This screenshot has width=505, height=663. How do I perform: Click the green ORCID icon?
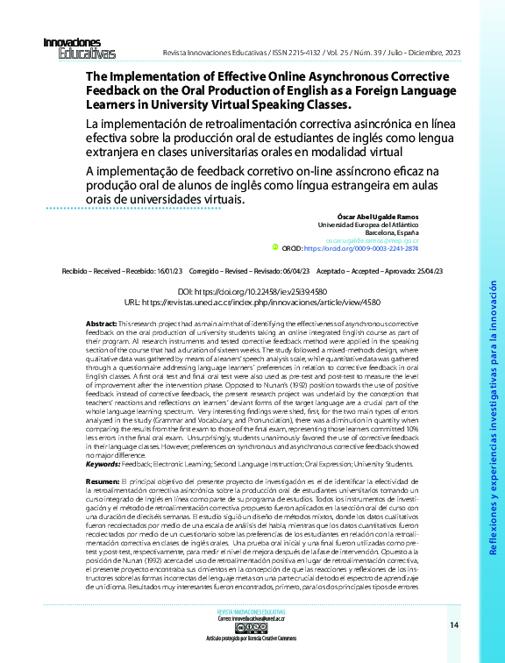click(274, 248)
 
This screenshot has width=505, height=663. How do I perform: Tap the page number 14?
click(453, 624)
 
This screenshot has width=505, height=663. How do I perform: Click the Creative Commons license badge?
click(251, 628)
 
